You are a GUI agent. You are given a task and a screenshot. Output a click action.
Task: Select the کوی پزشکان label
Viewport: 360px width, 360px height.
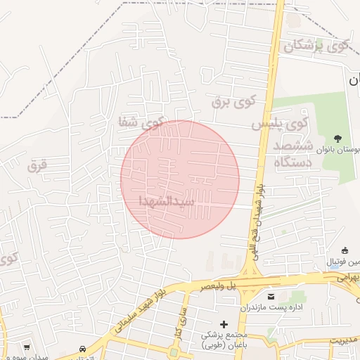tap(316, 47)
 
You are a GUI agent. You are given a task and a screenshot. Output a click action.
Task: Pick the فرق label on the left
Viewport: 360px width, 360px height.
tap(37, 167)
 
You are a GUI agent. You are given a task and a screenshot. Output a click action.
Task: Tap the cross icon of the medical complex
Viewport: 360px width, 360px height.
tap(224, 324)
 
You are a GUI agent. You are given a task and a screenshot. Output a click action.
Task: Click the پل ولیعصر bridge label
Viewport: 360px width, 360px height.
tap(204, 287)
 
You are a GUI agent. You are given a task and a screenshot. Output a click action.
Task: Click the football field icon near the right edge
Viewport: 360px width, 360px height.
tap(345, 251)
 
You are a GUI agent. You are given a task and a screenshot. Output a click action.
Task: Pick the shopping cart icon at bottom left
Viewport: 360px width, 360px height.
tap(27, 347)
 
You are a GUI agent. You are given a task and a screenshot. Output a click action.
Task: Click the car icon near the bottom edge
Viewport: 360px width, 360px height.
tap(83, 349)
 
